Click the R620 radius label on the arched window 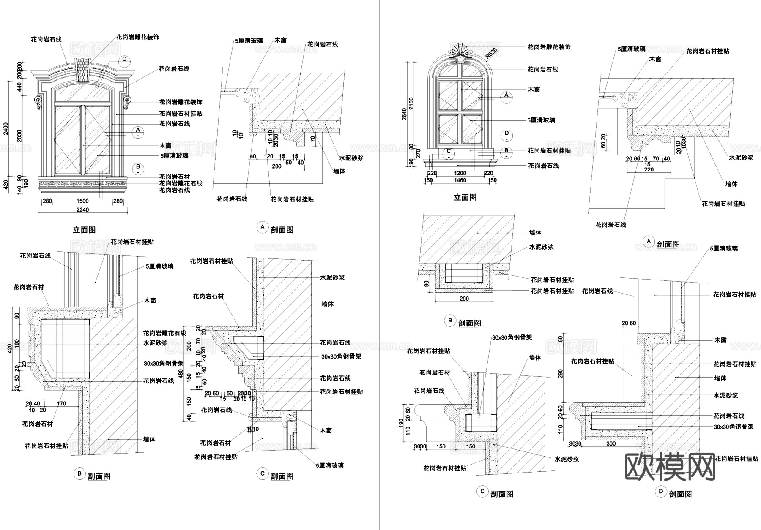pos(491,53)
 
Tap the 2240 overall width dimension pos(83,210)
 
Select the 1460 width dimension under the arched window pos(460,180)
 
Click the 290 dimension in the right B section pos(464,299)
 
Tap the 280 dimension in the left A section pos(276,166)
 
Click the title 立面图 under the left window pos(84,230)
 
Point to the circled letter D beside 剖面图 pos(661,492)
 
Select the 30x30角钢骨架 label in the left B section pos(164,363)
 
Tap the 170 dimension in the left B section pos(61,404)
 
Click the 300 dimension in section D pos(611,443)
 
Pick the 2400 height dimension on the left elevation pos(5,129)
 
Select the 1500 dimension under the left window pos(82,201)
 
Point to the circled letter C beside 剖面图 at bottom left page pos(263,473)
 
